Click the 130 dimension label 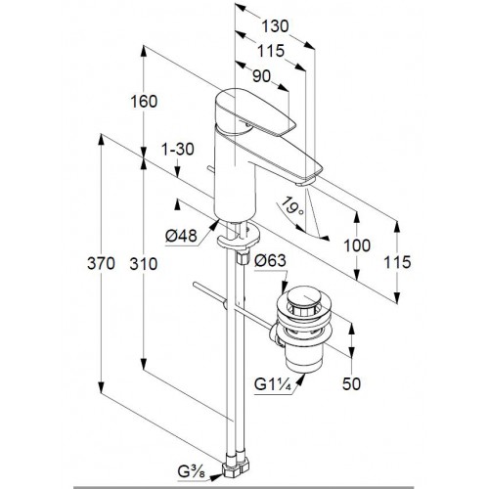(x=275, y=26)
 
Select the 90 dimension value (x=261, y=76)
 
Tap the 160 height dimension (x=144, y=102)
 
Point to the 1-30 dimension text (x=178, y=150)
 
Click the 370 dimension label (x=101, y=263)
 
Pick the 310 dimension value (x=144, y=264)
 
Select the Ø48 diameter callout (x=181, y=236)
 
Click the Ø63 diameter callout (x=270, y=260)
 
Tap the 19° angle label (x=291, y=206)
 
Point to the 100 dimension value (x=357, y=245)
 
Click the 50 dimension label (x=351, y=383)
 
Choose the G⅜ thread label (x=192, y=471)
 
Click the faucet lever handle (x=255, y=112)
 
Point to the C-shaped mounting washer (x=239, y=237)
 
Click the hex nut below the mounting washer (x=243, y=256)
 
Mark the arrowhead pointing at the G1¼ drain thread (x=300, y=379)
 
